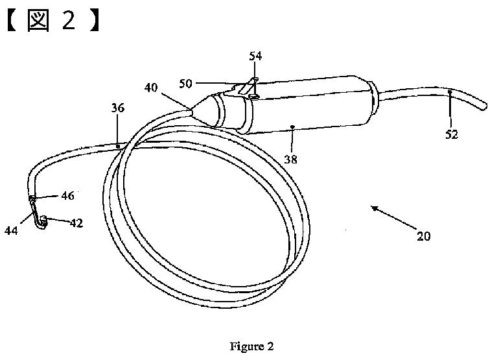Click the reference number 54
pyautogui.click(x=255, y=56)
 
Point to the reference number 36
pyautogui.click(x=117, y=108)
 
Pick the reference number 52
pyautogui.click(x=452, y=134)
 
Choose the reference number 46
pyautogui.click(x=67, y=195)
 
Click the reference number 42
pyautogui.click(x=76, y=223)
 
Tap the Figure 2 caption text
pyautogui.click(x=251, y=346)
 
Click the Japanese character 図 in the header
pyautogui.click(x=40, y=20)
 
